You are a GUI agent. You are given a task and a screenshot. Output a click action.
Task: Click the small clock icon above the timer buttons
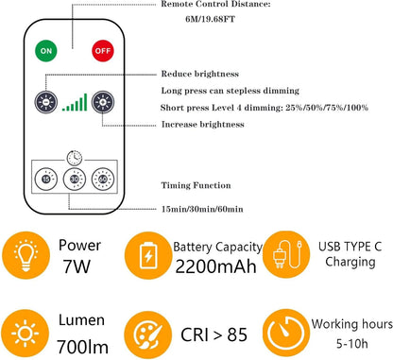click(73, 158)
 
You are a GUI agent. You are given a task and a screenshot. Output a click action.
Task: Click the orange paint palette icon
click(148, 332)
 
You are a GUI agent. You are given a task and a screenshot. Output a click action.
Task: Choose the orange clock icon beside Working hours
click(285, 332)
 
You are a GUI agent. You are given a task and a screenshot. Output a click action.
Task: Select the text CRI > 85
click(214, 332)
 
